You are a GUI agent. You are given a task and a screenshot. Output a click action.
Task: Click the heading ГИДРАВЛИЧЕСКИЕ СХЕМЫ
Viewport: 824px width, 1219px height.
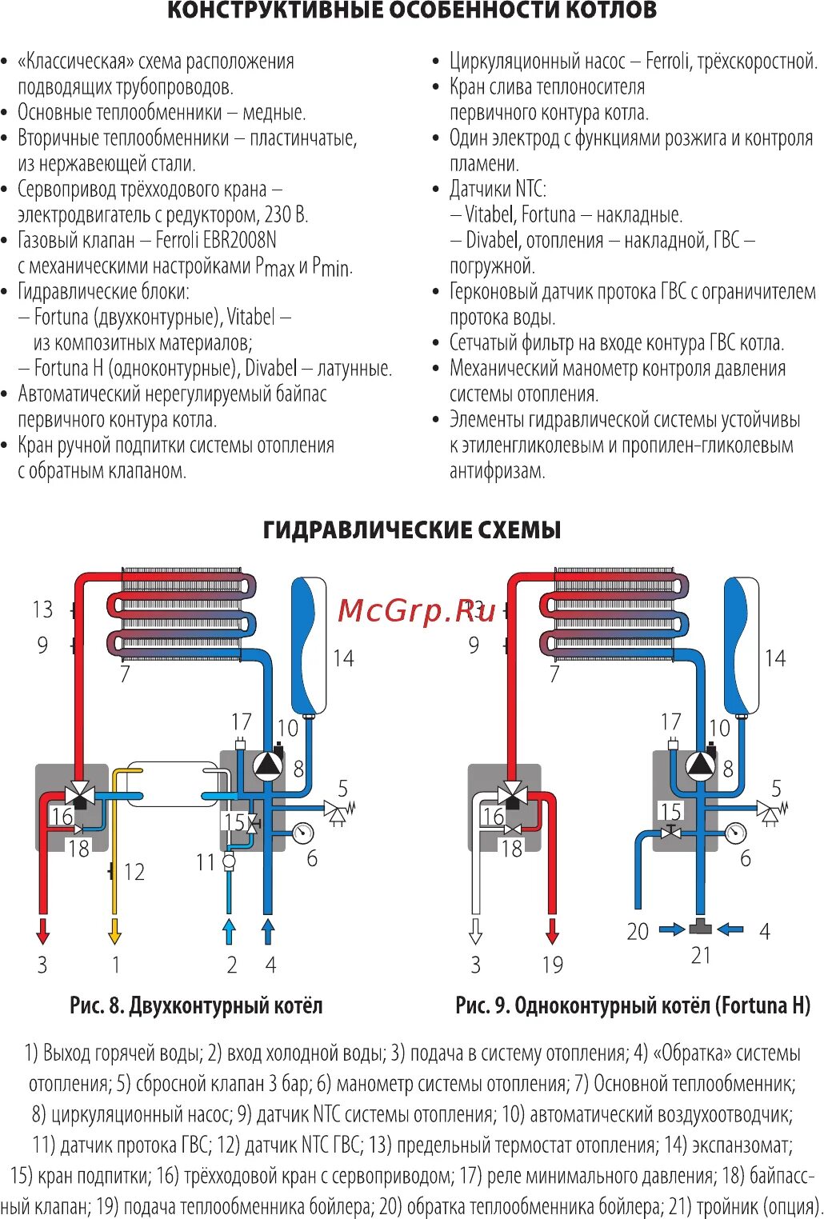tap(412, 530)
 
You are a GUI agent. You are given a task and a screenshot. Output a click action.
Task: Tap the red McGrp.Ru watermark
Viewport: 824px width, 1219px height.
tap(417, 611)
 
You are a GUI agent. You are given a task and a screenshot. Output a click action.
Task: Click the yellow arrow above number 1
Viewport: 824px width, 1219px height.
tap(115, 931)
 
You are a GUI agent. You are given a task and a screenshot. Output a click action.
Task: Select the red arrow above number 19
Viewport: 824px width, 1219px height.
tap(551, 931)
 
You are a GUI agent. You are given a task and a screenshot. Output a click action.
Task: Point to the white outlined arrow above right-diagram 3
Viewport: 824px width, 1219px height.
tap(475, 931)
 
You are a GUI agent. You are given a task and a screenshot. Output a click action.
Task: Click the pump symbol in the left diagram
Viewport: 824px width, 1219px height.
tap(268, 765)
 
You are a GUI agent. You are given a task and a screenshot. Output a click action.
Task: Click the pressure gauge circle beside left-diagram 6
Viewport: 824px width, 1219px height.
tap(303, 833)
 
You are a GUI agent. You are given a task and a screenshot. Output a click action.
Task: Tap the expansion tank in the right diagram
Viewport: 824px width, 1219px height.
tap(742, 645)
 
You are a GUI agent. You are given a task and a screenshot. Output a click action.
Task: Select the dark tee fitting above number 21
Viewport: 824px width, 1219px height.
tap(700, 928)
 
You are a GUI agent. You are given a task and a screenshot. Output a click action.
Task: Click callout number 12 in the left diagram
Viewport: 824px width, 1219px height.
tap(134, 872)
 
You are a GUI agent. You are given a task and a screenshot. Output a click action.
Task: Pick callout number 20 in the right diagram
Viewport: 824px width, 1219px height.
tap(638, 932)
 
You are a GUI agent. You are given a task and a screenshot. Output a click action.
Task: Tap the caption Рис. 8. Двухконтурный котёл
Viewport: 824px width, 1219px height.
tap(196, 1005)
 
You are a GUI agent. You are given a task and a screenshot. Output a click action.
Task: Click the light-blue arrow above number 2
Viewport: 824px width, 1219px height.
tap(230, 931)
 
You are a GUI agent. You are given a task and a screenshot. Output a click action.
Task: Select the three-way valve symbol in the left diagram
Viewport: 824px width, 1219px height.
tap(80, 795)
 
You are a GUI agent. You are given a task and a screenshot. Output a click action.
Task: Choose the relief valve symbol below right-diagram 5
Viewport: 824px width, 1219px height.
tap(770, 812)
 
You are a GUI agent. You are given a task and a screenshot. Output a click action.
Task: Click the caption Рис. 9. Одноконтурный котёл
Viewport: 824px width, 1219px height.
tap(633, 1005)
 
